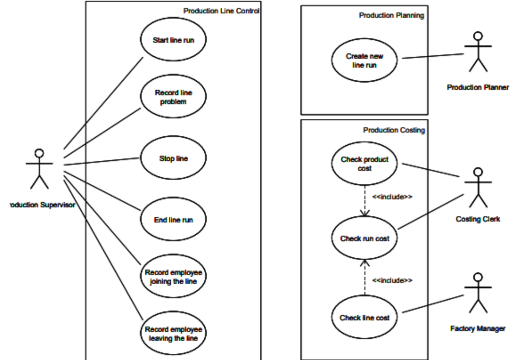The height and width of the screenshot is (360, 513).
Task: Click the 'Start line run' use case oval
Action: click(x=174, y=39)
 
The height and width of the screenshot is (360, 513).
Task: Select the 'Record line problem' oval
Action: click(x=174, y=96)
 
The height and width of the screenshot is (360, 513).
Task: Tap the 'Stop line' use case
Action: click(x=174, y=158)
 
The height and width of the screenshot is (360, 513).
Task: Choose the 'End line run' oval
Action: click(x=174, y=219)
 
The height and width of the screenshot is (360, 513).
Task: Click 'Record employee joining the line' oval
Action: click(x=174, y=276)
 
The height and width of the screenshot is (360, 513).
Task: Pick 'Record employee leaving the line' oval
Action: click(x=174, y=333)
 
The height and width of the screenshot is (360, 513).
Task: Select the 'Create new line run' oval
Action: click(x=364, y=60)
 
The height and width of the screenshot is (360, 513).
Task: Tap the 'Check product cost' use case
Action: click(x=364, y=163)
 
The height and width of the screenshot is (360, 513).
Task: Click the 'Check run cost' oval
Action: click(x=364, y=238)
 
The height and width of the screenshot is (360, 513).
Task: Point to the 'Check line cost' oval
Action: click(x=364, y=317)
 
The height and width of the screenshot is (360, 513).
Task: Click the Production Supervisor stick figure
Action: click(x=39, y=169)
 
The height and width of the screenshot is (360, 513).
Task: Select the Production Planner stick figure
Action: click(x=478, y=52)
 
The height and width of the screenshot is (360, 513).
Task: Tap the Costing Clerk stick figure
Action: click(x=478, y=188)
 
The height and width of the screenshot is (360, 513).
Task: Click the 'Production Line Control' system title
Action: click(x=221, y=11)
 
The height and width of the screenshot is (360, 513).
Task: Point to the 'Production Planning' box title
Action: click(x=391, y=15)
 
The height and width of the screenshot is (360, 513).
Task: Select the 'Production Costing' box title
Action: click(x=394, y=130)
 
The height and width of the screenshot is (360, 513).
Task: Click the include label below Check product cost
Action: click(x=392, y=197)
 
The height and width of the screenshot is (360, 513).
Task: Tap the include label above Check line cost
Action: click(x=392, y=280)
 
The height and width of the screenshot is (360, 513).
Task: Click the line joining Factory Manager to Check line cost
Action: click(x=433, y=304)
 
